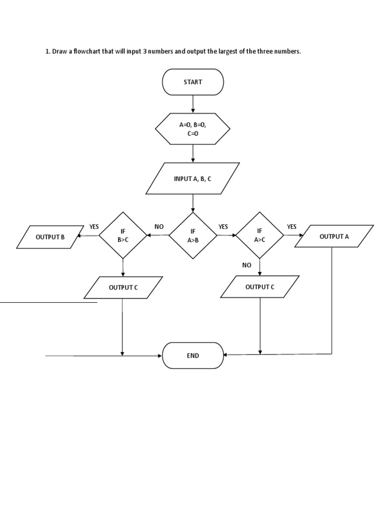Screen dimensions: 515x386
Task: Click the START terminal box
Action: click(192, 82)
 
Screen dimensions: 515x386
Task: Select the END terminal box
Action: click(192, 356)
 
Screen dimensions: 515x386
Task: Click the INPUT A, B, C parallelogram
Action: click(192, 179)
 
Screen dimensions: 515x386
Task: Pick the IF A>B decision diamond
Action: click(192, 235)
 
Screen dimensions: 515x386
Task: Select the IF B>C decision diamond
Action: click(123, 235)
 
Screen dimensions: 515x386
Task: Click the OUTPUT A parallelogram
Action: click(334, 236)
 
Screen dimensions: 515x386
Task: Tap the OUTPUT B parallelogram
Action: click(50, 237)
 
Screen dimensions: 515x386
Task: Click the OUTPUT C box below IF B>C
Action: click(123, 287)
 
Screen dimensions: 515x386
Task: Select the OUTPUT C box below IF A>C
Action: click(260, 287)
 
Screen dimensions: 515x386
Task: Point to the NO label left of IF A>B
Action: click(159, 227)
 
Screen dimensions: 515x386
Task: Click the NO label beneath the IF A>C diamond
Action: click(246, 265)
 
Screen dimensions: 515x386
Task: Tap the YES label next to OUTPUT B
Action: click(94, 227)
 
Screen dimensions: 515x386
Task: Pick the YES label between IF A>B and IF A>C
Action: click(223, 227)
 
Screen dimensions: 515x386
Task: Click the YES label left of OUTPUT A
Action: click(292, 227)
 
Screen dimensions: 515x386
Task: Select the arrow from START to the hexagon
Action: click(192, 104)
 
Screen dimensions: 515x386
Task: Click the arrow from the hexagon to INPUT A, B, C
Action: click(192, 153)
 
